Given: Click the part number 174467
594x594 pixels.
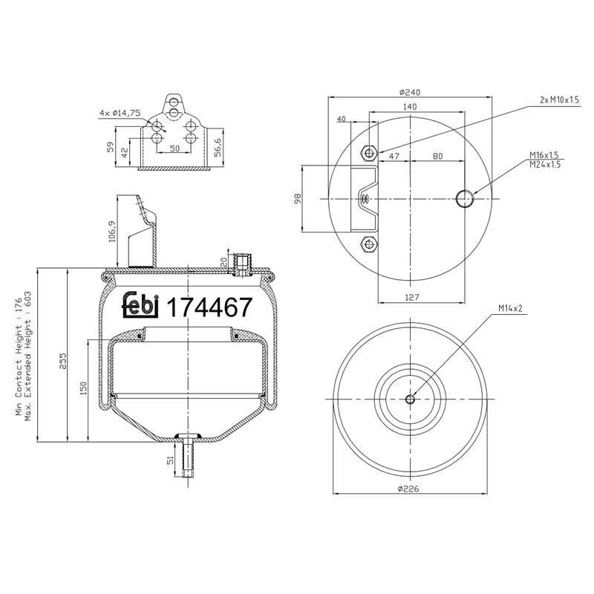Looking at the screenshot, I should point(212,307).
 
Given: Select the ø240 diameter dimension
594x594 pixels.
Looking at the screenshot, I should point(410,92).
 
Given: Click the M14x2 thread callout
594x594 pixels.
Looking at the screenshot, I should point(512,307).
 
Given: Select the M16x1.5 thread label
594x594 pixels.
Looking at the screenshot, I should point(544,155).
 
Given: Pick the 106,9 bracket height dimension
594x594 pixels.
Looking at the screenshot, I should point(112,232).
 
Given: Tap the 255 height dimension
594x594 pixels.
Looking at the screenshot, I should point(63,359).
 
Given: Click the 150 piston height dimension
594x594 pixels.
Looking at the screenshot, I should point(84,388).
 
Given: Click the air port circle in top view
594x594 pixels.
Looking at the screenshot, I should point(465,198).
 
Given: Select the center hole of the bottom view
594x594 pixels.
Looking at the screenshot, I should point(410,399).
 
